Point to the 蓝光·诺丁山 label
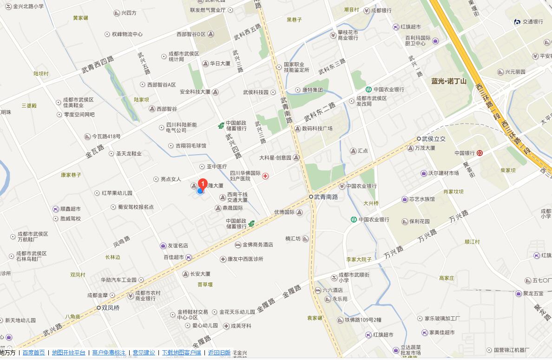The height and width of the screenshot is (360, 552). click(448, 81)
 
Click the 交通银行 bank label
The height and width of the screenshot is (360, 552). click(532, 22)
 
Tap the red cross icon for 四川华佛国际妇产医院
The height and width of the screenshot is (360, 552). click(265, 176)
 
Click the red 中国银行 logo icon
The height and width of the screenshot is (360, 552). click(480, 153)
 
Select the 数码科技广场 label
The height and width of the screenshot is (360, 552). click(317, 129)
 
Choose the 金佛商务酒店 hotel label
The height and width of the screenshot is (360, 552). click(257, 245)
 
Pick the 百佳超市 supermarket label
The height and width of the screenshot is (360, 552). click(175, 257)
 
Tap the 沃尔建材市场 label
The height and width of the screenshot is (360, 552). click(443, 173)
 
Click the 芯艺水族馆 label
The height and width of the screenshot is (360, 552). click(421, 199)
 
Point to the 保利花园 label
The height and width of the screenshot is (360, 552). click(419, 222)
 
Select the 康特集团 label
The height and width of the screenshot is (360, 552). click(312, 90)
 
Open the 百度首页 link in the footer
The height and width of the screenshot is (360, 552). click(33, 353)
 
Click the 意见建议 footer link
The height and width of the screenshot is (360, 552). click(144, 353)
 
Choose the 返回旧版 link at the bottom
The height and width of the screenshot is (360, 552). click(219, 353)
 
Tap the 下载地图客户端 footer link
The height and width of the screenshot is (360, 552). click(182, 353)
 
